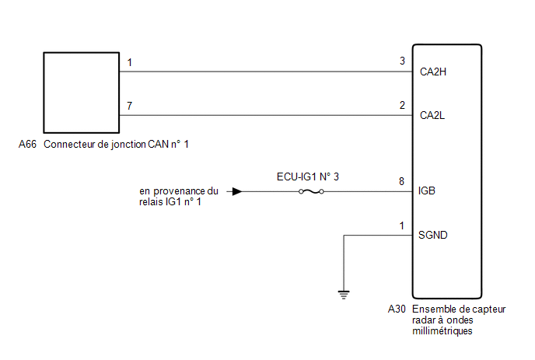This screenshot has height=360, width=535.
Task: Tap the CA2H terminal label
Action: coord(433,72)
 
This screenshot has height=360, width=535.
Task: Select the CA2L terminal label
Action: coord(432,115)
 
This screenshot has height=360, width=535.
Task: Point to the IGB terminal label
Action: coord(427,190)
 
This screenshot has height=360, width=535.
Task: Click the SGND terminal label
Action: coord(432,235)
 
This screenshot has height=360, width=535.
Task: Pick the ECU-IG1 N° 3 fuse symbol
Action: coord(311,192)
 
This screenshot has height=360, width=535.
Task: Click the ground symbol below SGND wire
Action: coord(344,295)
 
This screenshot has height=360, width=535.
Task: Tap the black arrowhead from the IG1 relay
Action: coord(237,192)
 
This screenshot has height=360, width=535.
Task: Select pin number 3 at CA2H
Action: coord(402,61)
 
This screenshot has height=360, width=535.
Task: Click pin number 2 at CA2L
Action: coord(402,105)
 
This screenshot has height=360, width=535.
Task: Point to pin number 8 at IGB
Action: coord(401,181)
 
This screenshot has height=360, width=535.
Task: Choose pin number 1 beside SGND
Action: coord(402,225)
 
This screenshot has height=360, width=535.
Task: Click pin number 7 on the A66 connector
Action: coord(129,106)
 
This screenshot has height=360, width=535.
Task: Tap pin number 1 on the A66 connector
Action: coord(129,62)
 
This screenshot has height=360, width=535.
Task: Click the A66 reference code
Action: coord(27,144)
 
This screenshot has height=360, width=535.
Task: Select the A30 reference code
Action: coord(397,309)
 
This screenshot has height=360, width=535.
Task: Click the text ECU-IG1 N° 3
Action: coord(308,177)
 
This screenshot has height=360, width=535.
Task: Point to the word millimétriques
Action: coord(442,331)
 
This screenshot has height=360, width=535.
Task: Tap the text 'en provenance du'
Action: coord(179,191)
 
